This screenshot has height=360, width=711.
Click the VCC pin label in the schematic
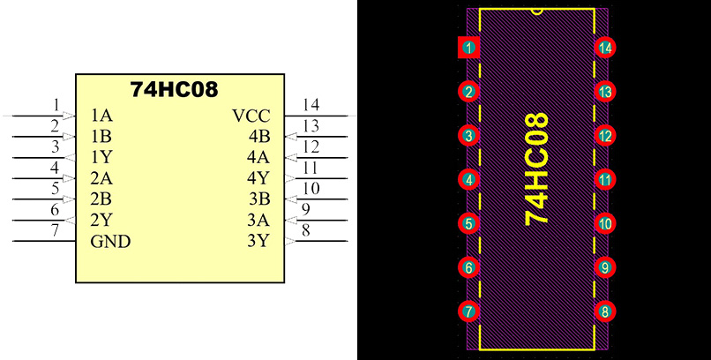point(251,116)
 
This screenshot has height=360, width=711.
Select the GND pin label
point(111,241)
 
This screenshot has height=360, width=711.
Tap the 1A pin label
point(101,116)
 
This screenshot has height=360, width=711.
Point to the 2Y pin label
point(101,220)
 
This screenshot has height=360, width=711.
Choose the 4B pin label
point(258,137)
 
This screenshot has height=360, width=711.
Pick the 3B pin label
point(258,199)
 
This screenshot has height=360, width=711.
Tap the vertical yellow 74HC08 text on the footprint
point(536,169)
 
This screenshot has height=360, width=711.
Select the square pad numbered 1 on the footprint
point(468,48)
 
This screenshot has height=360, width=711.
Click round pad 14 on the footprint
point(604,48)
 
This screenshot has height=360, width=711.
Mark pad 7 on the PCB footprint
point(468,311)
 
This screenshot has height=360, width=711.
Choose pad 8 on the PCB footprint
point(604,311)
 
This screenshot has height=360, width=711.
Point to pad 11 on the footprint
point(604,179)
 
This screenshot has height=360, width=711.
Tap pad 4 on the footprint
point(468,179)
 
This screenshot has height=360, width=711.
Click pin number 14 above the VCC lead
point(311,105)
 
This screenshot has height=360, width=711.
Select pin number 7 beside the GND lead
point(55,230)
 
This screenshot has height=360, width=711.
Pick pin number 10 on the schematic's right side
point(311,188)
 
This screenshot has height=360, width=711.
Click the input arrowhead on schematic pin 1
point(68,116)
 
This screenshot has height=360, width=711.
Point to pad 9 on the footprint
point(604,266)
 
